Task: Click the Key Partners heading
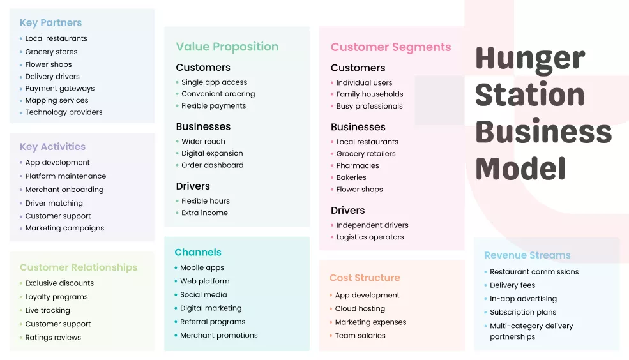click(50, 22)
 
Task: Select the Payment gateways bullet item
click(59, 88)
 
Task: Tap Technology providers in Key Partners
click(63, 112)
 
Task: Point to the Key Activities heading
click(52, 146)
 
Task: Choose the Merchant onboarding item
click(64, 190)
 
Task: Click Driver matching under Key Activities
click(54, 203)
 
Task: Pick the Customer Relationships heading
click(79, 267)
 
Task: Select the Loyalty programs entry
click(56, 297)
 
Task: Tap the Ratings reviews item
click(53, 338)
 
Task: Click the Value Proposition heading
click(227, 47)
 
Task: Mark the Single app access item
click(214, 82)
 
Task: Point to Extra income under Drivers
click(204, 213)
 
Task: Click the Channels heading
click(198, 252)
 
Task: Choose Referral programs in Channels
click(213, 322)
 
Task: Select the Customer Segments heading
click(391, 47)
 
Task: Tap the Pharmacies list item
click(358, 165)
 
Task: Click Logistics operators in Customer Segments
click(370, 237)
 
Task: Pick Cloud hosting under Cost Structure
click(360, 308)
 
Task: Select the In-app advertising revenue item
click(523, 299)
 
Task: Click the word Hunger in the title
click(530, 59)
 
